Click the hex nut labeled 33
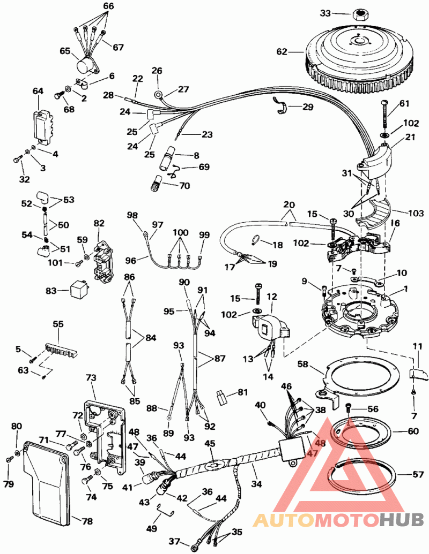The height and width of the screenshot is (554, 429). [x=360, y=15]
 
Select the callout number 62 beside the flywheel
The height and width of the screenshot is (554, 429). [x=282, y=52]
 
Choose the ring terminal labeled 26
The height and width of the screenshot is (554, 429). [x=158, y=94]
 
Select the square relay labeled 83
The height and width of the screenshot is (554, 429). [x=78, y=291]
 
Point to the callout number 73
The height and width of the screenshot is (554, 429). [x=91, y=378]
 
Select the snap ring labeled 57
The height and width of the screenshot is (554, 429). [x=364, y=475]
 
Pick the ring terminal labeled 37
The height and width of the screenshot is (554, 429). [x=195, y=547]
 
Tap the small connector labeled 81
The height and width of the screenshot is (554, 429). [x=221, y=397]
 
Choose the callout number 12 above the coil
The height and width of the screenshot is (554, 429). [x=271, y=297]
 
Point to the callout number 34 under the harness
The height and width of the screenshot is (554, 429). [x=256, y=483]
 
